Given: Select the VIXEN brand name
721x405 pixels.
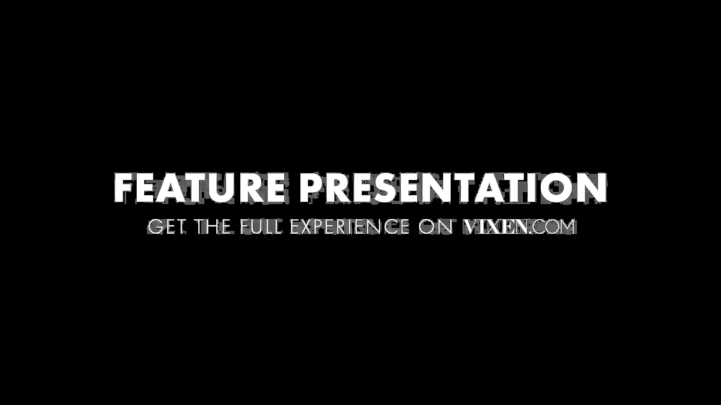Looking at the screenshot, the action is pos(497,227).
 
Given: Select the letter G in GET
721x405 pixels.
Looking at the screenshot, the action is pos(155,227).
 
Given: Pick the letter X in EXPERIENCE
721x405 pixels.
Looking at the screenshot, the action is pos(309,227).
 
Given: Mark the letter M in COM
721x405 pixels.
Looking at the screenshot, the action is pos(567,227).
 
